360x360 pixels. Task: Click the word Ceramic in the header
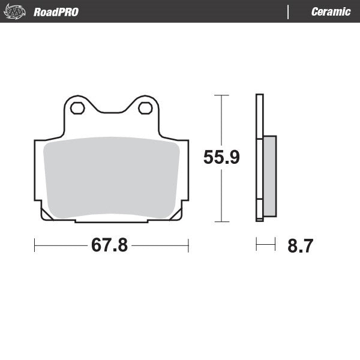[331, 12]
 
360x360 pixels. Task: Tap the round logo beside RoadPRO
[17, 11]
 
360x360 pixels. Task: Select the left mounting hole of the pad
[77, 109]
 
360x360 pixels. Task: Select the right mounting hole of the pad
[145, 109]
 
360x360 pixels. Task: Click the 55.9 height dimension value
[221, 158]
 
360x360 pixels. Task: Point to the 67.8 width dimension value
[109, 245]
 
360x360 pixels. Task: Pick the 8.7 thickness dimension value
[300, 246]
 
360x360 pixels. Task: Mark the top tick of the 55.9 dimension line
[221, 95]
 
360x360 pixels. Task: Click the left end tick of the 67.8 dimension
[35, 245]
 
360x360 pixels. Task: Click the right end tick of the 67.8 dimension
[188, 245]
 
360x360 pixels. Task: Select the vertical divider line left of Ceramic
[289, 12]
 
